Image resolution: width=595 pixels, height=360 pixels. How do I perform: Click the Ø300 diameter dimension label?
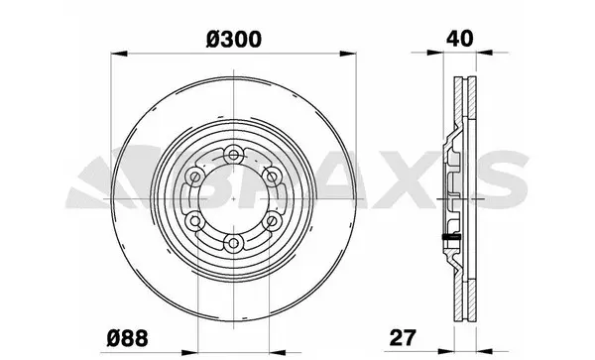[x=234, y=40]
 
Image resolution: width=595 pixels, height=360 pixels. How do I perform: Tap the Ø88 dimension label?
[x=127, y=337]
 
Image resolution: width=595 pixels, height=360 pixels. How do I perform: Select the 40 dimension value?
[x=459, y=39]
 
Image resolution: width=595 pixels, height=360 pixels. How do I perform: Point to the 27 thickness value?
[x=403, y=337]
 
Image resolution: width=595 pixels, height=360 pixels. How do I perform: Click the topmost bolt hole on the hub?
[x=233, y=155]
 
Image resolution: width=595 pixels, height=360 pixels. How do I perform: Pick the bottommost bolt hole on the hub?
[x=233, y=242]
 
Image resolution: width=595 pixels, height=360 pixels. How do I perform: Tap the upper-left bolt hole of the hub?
[x=195, y=177]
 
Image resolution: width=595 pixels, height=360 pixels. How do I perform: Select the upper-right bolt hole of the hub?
[x=272, y=177]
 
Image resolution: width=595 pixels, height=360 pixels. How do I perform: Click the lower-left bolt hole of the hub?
[x=195, y=220]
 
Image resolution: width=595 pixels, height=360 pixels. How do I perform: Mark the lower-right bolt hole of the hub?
[x=272, y=220]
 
